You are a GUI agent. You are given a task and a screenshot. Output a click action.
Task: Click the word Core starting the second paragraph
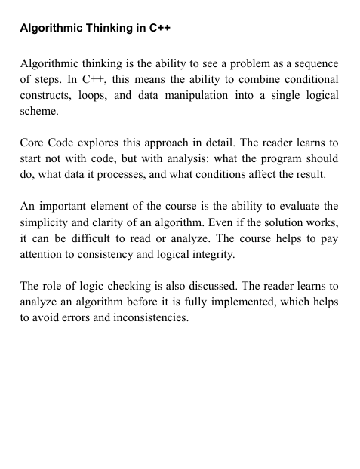(x=33, y=144)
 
